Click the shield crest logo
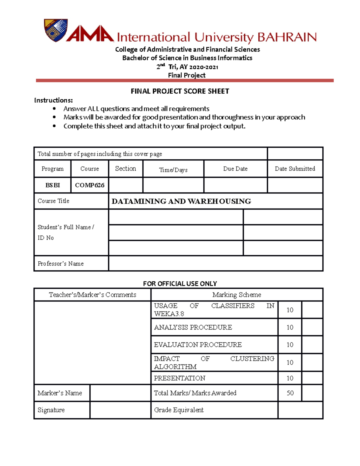pyautogui.click(x=56, y=30)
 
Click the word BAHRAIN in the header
pyautogui.click(x=287, y=38)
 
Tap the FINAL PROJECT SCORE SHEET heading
pyautogui.click(x=180, y=91)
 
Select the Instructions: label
pyautogui.click(x=53, y=100)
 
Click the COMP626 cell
pyautogui.click(x=89, y=185)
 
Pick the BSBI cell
pyautogui.click(x=52, y=185)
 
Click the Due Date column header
pyautogui.click(x=235, y=169)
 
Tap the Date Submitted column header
pyautogui.click(x=295, y=169)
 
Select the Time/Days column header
pyautogui.click(x=173, y=170)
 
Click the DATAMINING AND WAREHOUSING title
pyautogui.click(x=181, y=201)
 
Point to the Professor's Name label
pyautogui.click(x=61, y=263)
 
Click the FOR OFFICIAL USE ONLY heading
pyautogui.click(x=180, y=284)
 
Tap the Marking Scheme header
pyautogui.click(x=237, y=295)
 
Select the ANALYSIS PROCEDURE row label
pyautogui.click(x=193, y=327)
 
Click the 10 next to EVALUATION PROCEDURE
pyautogui.click(x=289, y=344)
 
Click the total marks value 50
pyautogui.click(x=290, y=393)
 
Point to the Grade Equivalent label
pyautogui.click(x=178, y=410)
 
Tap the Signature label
pyautogui.click(x=51, y=410)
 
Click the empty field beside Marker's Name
pyautogui.click(x=120, y=393)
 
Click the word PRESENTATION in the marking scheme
pyautogui.click(x=179, y=378)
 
